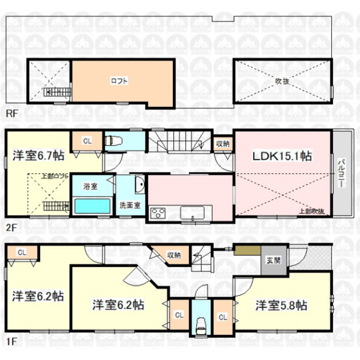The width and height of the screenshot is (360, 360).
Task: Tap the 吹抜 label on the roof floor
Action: (x=282, y=81)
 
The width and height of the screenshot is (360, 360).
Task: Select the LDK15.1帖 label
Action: (x=281, y=156)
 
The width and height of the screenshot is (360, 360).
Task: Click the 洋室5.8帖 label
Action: (x=281, y=305)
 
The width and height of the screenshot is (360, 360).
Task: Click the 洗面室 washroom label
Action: (x=130, y=205)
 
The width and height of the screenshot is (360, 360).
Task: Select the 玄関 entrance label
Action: (x=274, y=261)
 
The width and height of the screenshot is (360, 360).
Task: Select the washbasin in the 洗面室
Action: (x=139, y=185)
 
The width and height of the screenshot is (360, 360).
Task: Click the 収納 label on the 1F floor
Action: (x=174, y=255)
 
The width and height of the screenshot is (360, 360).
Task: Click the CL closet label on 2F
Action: (x=87, y=141)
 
